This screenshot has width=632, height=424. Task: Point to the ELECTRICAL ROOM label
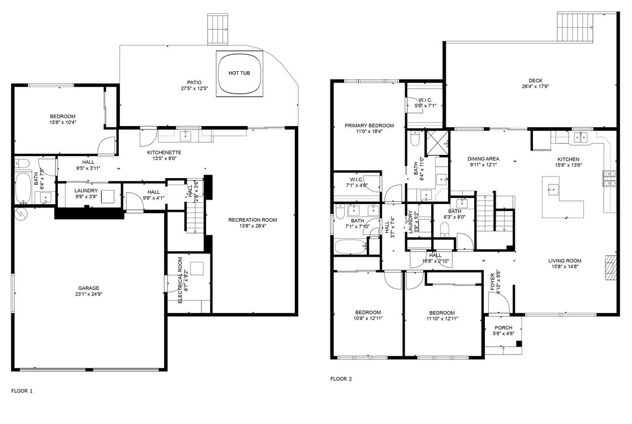[x=180, y=281]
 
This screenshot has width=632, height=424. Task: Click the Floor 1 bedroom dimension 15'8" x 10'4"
[x=63, y=122]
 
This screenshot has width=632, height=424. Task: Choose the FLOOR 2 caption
[x=341, y=379]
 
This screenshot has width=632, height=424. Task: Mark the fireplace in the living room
[x=609, y=269]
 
